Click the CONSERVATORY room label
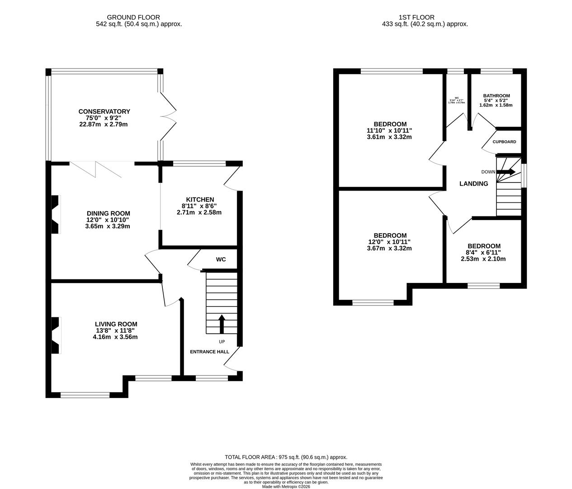coord(104,111)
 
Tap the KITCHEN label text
coord(200,199)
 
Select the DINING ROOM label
coord(108,213)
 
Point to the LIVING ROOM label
coord(116,324)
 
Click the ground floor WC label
coord(221,259)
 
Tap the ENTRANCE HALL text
coord(209,351)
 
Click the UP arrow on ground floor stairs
coord(222,324)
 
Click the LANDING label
coord(473,183)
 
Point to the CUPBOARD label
coord(504,142)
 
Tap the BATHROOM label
coord(496,96)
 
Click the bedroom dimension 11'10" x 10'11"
coord(389,130)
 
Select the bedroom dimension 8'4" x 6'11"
coord(483,253)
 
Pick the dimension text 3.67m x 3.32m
coord(389,248)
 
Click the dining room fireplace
coord(55,214)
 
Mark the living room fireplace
coord(55,335)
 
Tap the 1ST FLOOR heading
coord(410,17)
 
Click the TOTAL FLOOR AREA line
coord(286,457)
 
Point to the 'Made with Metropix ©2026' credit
coord(286,486)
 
